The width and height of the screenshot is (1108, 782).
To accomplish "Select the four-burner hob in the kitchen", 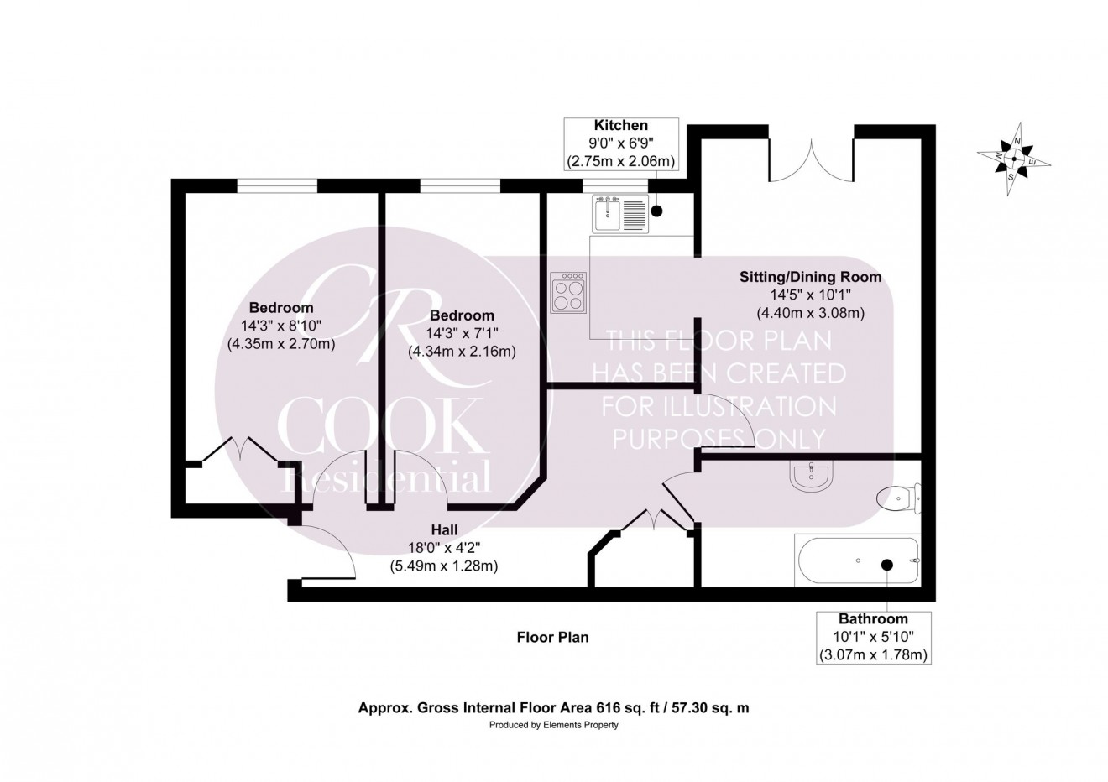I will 568,293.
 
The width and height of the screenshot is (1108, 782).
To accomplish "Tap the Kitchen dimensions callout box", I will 621,143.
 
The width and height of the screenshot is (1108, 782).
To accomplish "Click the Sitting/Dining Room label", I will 810,276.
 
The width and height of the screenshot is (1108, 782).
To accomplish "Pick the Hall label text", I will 444,529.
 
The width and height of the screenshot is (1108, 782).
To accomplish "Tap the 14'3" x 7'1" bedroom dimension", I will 461,333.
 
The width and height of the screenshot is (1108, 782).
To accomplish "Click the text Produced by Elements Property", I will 553,725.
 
